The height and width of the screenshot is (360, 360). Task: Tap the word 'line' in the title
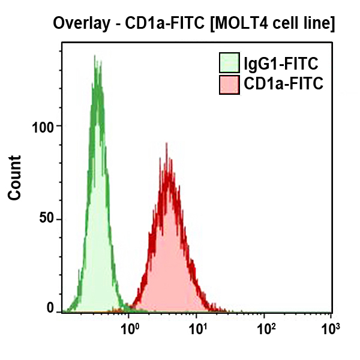coord(318,23)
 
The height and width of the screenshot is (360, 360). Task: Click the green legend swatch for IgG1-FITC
coord(229,63)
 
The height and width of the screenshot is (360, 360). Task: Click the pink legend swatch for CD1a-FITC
coord(229,85)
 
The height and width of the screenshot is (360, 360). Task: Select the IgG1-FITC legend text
coord(280,63)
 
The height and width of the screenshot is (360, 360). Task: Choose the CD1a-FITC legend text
coord(284,85)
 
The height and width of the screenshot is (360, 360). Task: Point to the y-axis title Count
coord(14,178)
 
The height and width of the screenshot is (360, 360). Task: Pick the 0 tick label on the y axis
coord(50,308)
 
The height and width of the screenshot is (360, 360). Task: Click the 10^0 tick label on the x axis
coord(129,328)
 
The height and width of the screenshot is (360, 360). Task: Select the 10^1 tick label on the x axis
coord(197,328)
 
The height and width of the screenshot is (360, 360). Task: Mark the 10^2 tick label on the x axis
coord(265,328)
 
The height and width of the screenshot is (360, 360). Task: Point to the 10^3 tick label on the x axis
coord(329,328)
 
